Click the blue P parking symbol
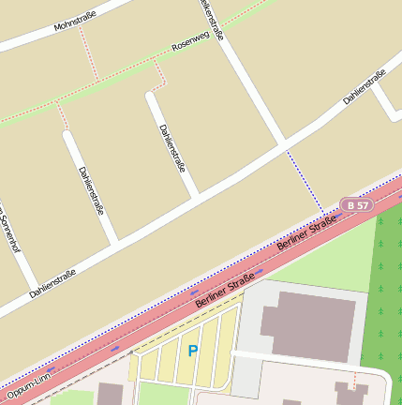(x=193, y=351)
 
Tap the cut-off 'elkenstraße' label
(x=212, y=20)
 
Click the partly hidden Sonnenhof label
(x=10, y=229)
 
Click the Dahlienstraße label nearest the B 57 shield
(x=365, y=86)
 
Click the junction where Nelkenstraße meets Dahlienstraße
(x=284, y=144)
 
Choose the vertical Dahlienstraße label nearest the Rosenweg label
(x=171, y=147)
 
